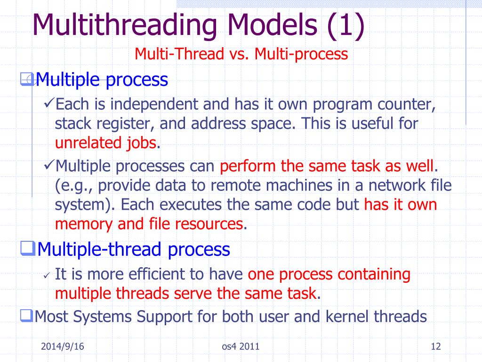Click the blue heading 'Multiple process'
[x=102, y=80]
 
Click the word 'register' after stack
[x=125, y=123]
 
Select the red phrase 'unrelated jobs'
[x=105, y=143]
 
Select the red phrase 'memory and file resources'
[x=149, y=224]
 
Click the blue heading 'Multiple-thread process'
[x=133, y=249]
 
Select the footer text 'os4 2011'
[x=241, y=348]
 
